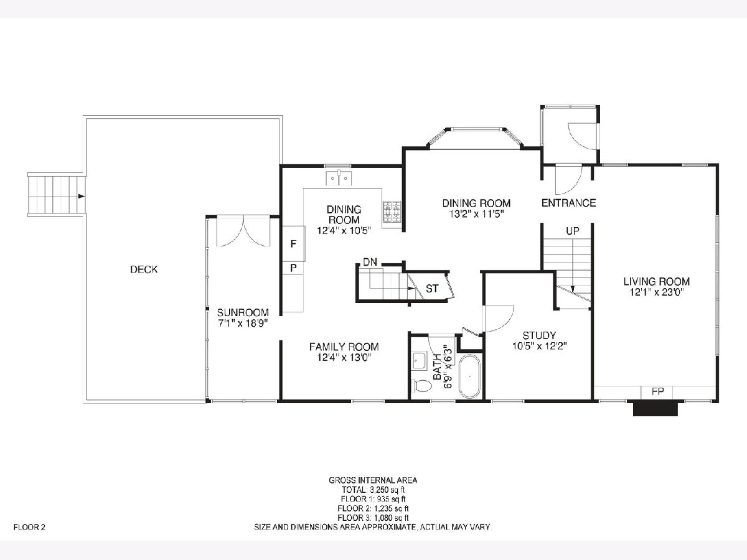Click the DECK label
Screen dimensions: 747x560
click(144, 269)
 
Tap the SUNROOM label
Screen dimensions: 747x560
click(243, 312)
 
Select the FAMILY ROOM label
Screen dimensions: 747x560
click(344, 347)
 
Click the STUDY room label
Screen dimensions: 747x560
click(540, 335)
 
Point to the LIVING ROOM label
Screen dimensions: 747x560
click(657, 281)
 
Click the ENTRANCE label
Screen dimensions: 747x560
click(569, 203)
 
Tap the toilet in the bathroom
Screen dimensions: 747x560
click(422, 386)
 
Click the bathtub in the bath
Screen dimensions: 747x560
click(470, 376)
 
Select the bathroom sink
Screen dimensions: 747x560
click(420, 361)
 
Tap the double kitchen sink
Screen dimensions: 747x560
click(339, 179)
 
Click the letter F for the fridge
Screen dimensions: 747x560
click(293, 244)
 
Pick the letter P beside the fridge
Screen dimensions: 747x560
click(293, 268)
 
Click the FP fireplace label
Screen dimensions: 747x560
click(658, 392)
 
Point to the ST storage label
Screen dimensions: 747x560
click(432, 289)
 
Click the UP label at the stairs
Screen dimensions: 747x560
click(573, 231)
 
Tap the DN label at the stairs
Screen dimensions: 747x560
click(370, 262)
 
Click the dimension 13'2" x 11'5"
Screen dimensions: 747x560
click(476, 214)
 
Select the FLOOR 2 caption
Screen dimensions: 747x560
click(29, 528)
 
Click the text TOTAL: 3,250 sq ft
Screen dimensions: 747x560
click(373, 490)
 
